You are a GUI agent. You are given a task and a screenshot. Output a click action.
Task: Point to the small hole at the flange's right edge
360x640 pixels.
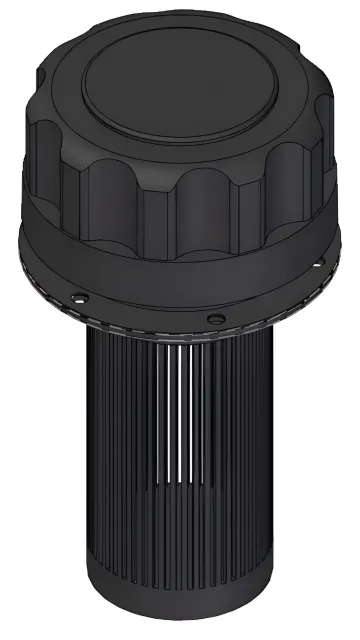319,265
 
